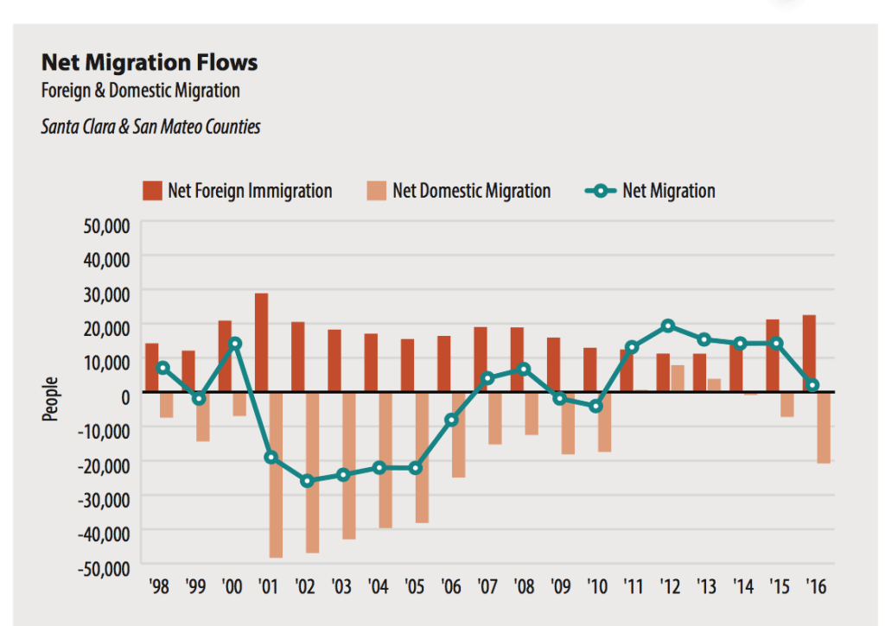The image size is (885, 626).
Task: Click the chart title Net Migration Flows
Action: (150, 63)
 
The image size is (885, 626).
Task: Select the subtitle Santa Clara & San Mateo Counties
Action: (150, 127)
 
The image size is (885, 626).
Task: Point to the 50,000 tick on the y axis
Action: (105, 226)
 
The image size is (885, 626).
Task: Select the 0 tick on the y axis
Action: (124, 395)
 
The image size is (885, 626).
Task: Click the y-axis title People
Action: (51, 399)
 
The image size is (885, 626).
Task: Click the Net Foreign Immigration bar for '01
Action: (261, 343)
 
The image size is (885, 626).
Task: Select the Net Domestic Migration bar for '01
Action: (276, 475)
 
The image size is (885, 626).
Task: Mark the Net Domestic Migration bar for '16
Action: (823, 428)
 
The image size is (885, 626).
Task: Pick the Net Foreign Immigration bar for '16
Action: (809, 354)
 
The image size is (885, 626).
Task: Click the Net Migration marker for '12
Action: (668, 326)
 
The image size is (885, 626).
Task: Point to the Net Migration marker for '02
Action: (306, 480)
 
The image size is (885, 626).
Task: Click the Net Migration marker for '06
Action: (451, 420)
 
